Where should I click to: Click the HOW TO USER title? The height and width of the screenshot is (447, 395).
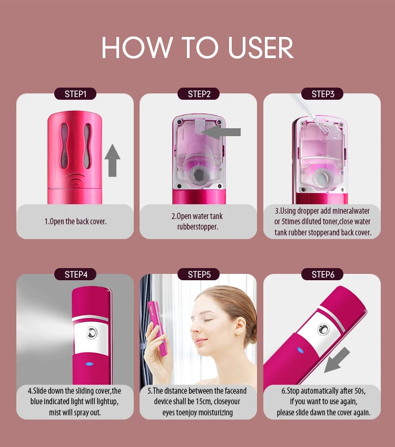(197, 47)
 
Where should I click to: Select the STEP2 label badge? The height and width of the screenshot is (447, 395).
(199, 94)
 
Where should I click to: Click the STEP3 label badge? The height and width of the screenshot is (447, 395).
(322, 94)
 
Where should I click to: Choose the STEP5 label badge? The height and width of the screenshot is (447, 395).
(199, 274)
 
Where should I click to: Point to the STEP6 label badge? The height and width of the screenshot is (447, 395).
(322, 274)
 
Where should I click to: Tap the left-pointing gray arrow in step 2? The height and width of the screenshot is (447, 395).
(222, 132)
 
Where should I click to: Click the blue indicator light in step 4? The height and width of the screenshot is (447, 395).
(89, 363)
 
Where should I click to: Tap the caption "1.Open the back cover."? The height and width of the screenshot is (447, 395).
(75, 221)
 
